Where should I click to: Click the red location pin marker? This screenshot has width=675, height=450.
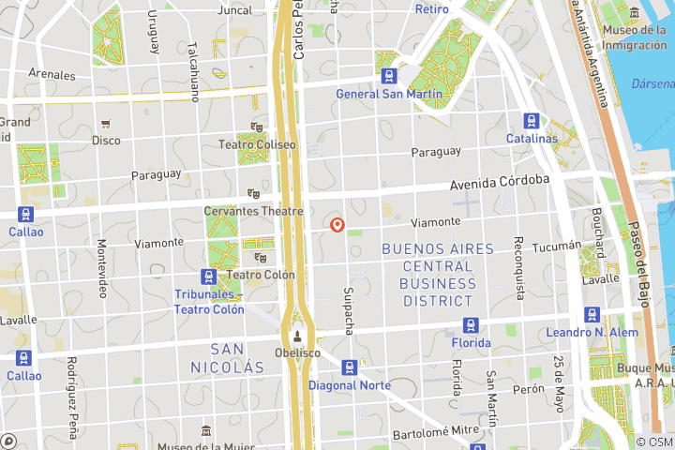337,225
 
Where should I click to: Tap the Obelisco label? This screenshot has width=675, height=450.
297,352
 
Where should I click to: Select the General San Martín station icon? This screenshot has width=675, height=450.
387,76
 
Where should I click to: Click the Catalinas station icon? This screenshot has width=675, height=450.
532,121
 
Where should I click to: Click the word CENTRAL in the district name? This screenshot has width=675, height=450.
437,266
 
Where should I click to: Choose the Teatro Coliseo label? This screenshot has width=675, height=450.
256,144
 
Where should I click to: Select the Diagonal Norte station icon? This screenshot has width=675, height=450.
350,367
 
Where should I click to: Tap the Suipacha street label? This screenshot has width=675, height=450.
349,310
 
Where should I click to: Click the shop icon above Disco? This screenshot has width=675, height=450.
106,124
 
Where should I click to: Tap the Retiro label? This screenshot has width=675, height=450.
431,9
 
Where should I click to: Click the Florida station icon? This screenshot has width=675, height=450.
470,325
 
